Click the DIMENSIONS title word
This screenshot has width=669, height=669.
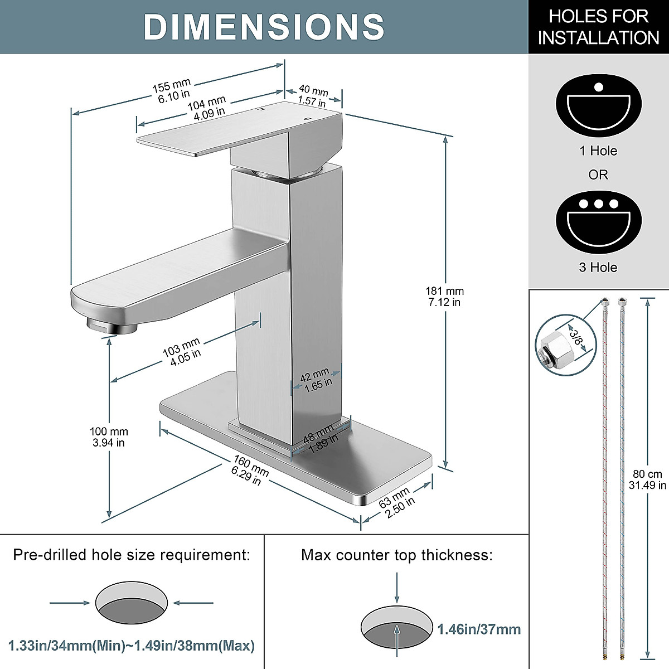(x=264, y=27)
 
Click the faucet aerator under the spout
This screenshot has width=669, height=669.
(x=111, y=326)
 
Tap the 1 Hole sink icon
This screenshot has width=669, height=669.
(x=599, y=105)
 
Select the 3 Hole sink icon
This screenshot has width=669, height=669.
(x=599, y=222)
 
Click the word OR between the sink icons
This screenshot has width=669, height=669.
(x=598, y=175)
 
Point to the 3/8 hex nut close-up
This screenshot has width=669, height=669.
(x=565, y=345)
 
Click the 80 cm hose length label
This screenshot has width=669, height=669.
(x=647, y=479)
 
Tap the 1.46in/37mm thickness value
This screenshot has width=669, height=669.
(x=479, y=629)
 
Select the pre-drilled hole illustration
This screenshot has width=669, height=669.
(x=132, y=603)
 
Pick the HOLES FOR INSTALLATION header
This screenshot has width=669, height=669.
(x=599, y=27)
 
